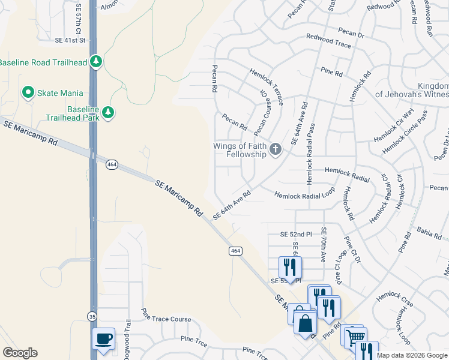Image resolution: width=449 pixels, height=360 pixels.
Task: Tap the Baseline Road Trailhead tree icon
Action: (x=95, y=62)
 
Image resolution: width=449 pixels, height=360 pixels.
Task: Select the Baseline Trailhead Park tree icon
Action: (x=108, y=112)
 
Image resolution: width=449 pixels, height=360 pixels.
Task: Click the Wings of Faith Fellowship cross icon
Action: (x=275, y=149)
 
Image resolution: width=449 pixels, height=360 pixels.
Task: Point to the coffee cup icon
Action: (x=103, y=338)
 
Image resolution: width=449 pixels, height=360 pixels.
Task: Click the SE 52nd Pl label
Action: (x=298, y=234)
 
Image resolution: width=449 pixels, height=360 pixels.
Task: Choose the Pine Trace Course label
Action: (x=166, y=319)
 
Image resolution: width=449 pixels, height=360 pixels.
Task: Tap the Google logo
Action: (x=20, y=353)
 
